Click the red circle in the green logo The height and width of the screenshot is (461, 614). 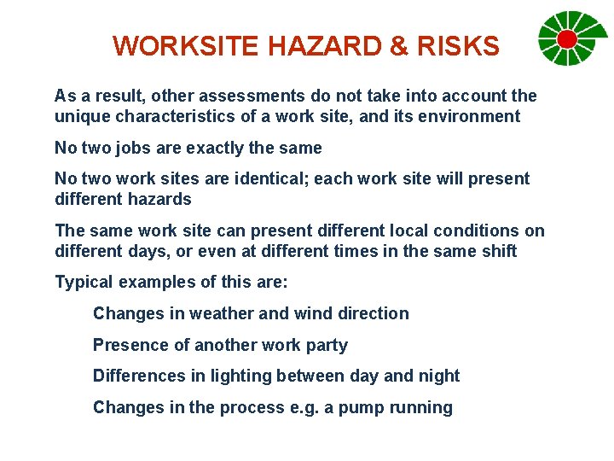pyautogui.click(x=566, y=38)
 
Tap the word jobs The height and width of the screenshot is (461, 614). pyautogui.click(x=134, y=148)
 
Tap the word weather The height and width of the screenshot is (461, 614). pyautogui.click(x=222, y=313)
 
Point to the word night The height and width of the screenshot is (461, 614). pyautogui.click(x=437, y=376)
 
